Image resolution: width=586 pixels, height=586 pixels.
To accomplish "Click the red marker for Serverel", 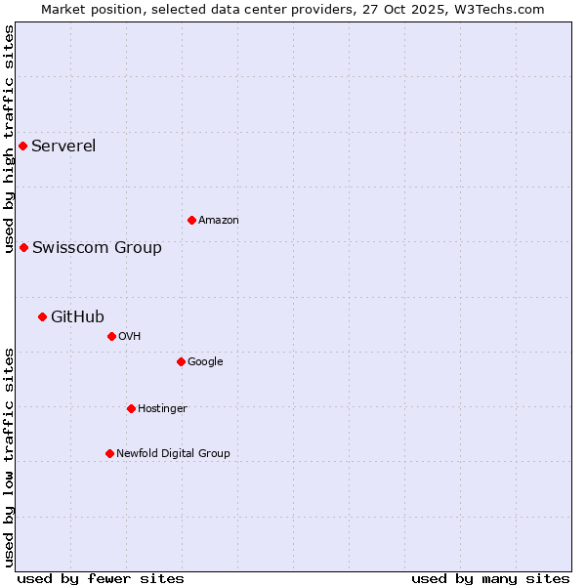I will coord(22,146).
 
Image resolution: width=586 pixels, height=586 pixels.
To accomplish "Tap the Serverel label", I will coord(63,146).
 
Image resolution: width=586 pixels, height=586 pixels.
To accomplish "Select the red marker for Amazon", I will coord(191,220).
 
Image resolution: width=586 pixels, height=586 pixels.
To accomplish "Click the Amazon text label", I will coord(219,221).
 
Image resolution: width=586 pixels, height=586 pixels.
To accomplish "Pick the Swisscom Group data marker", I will coord(23,247).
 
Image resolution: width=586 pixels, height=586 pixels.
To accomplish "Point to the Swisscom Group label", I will coord(97,248).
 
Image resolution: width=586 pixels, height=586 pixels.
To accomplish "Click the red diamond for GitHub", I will coord(42,316).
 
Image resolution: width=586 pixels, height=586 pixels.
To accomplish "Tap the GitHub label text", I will coord(77,316).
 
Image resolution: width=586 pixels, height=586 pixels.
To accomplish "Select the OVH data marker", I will coord(111,336).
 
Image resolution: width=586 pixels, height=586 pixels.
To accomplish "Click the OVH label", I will coord(130,337).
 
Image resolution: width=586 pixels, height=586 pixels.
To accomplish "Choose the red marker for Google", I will coord(181,361).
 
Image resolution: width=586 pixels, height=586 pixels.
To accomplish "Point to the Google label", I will coord(205,362).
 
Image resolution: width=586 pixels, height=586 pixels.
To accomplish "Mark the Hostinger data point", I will coord(131,408).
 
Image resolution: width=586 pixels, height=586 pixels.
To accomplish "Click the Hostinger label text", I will coord(162,409).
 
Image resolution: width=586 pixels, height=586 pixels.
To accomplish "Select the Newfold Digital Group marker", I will coord(109,453).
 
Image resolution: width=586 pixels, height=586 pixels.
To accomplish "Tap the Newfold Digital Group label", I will coord(173,453).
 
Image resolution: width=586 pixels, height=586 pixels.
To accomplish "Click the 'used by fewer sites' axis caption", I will coord(101,578).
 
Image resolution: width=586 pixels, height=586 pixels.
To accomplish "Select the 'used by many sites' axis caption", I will coord(490,578).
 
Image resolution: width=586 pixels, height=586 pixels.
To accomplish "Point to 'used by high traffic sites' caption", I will coord(10,139).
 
